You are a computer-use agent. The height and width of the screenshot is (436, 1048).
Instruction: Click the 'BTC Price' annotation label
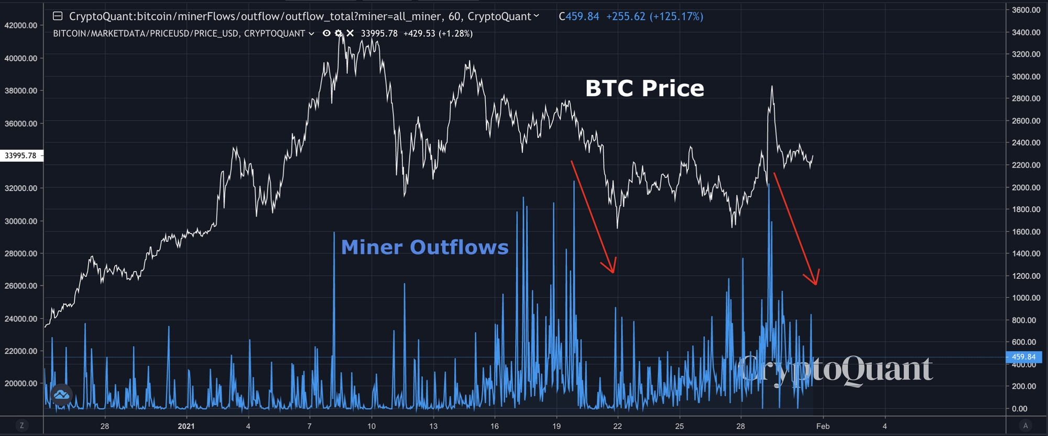click(x=645, y=88)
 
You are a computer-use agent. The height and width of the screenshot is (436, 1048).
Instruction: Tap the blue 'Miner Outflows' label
click(x=424, y=247)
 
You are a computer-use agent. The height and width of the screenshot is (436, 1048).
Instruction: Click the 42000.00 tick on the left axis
click(x=21, y=25)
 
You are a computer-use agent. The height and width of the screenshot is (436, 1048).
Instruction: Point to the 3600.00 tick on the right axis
click(x=1026, y=10)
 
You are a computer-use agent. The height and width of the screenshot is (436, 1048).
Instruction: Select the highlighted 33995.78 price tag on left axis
click(x=21, y=155)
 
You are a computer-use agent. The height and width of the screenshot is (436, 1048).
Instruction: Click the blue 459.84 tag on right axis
click(x=1023, y=357)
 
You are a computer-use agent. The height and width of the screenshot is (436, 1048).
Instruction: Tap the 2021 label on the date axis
click(x=186, y=426)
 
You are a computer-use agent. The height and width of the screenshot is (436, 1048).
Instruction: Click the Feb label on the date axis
click(x=823, y=426)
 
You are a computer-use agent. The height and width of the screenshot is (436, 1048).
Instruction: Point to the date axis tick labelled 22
click(x=617, y=426)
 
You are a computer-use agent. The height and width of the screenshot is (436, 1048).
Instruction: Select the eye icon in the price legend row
click(x=326, y=33)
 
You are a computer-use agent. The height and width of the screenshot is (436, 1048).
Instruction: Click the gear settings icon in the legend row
click(x=339, y=33)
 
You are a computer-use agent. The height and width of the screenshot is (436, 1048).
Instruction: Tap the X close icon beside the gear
click(x=350, y=33)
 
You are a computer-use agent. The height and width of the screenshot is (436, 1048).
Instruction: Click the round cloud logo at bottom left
click(x=61, y=395)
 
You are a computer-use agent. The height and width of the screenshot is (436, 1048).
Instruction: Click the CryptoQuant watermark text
click(x=836, y=369)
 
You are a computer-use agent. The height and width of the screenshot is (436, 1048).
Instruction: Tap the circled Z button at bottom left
click(x=21, y=426)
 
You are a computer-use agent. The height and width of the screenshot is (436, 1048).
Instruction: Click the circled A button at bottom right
click(x=1025, y=426)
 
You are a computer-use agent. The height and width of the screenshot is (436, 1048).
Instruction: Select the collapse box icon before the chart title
click(x=58, y=16)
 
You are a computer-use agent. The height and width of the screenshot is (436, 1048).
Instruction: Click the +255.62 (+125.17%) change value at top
click(x=654, y=16)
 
